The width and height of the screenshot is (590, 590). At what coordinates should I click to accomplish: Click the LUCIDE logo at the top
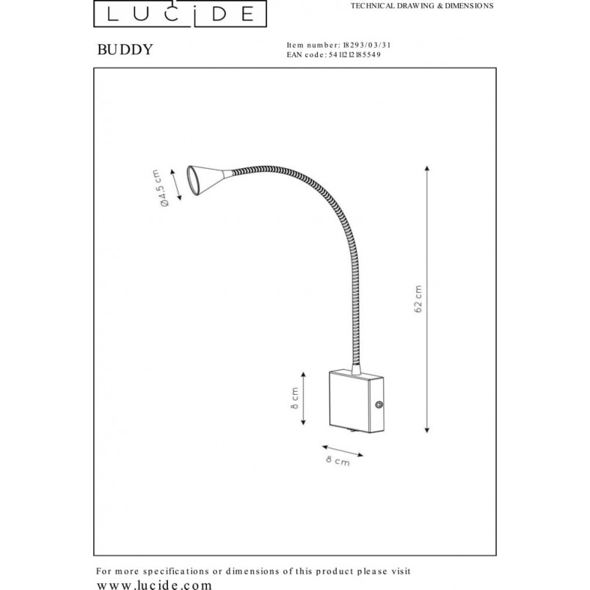(181, 13)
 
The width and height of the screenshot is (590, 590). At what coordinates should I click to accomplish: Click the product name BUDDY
(125, 50)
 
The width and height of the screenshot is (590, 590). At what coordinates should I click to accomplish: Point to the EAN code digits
(355, 55)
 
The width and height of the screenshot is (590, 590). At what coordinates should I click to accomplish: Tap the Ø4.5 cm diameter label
(160, 188)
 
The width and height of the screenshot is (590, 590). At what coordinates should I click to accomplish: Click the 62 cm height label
(418, 299)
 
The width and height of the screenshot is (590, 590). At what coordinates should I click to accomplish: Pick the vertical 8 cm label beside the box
(295, 398)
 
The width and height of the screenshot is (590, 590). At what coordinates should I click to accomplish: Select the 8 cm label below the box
(338, 461)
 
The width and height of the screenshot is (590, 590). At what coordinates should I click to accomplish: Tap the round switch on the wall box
(379, 405)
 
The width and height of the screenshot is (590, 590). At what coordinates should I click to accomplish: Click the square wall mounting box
(357, 401)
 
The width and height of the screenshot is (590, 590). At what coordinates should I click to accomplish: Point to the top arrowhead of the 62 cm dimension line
(427, 168)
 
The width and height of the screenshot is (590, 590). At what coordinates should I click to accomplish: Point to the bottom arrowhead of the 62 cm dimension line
(427, 430)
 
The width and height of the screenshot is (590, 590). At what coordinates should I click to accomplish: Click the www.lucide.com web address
(154, 585)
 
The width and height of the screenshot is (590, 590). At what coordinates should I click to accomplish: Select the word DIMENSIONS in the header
(469, 6)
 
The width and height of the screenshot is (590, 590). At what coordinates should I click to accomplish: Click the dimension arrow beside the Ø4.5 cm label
(176, 185)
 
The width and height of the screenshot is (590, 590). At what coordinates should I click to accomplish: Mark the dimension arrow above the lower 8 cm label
(343, 451)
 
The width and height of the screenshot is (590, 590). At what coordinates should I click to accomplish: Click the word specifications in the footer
(175, 572)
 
